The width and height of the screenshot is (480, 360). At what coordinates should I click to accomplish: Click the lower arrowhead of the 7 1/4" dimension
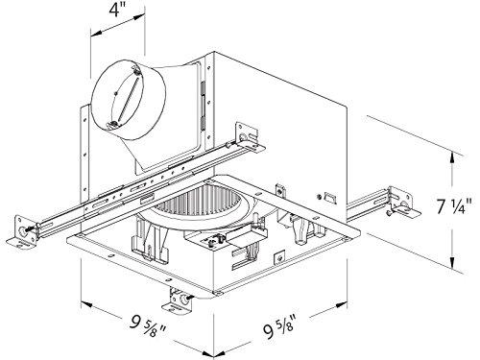pos(454,265)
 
